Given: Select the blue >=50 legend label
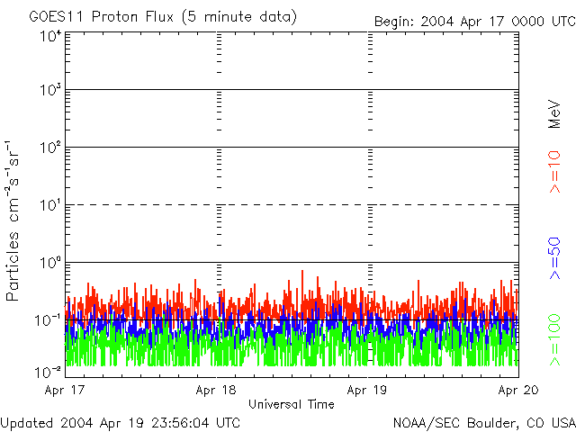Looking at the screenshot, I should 554,257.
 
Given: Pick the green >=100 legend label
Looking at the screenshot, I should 554,337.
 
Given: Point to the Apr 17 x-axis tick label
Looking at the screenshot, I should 66,391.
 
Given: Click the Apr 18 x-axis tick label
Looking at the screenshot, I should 216,391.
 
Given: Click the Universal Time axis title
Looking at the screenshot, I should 291,404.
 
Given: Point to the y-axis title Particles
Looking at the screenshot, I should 13,261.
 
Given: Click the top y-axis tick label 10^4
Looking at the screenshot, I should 50,36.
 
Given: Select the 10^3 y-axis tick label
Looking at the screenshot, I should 50,90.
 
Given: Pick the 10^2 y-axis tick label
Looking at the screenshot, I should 50,147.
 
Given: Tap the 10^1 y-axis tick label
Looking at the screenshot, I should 50,204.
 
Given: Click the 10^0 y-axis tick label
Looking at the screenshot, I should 50,262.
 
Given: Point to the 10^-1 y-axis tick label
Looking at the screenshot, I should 49,319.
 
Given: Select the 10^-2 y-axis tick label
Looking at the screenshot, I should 49,372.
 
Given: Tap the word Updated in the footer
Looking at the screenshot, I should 26,422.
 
